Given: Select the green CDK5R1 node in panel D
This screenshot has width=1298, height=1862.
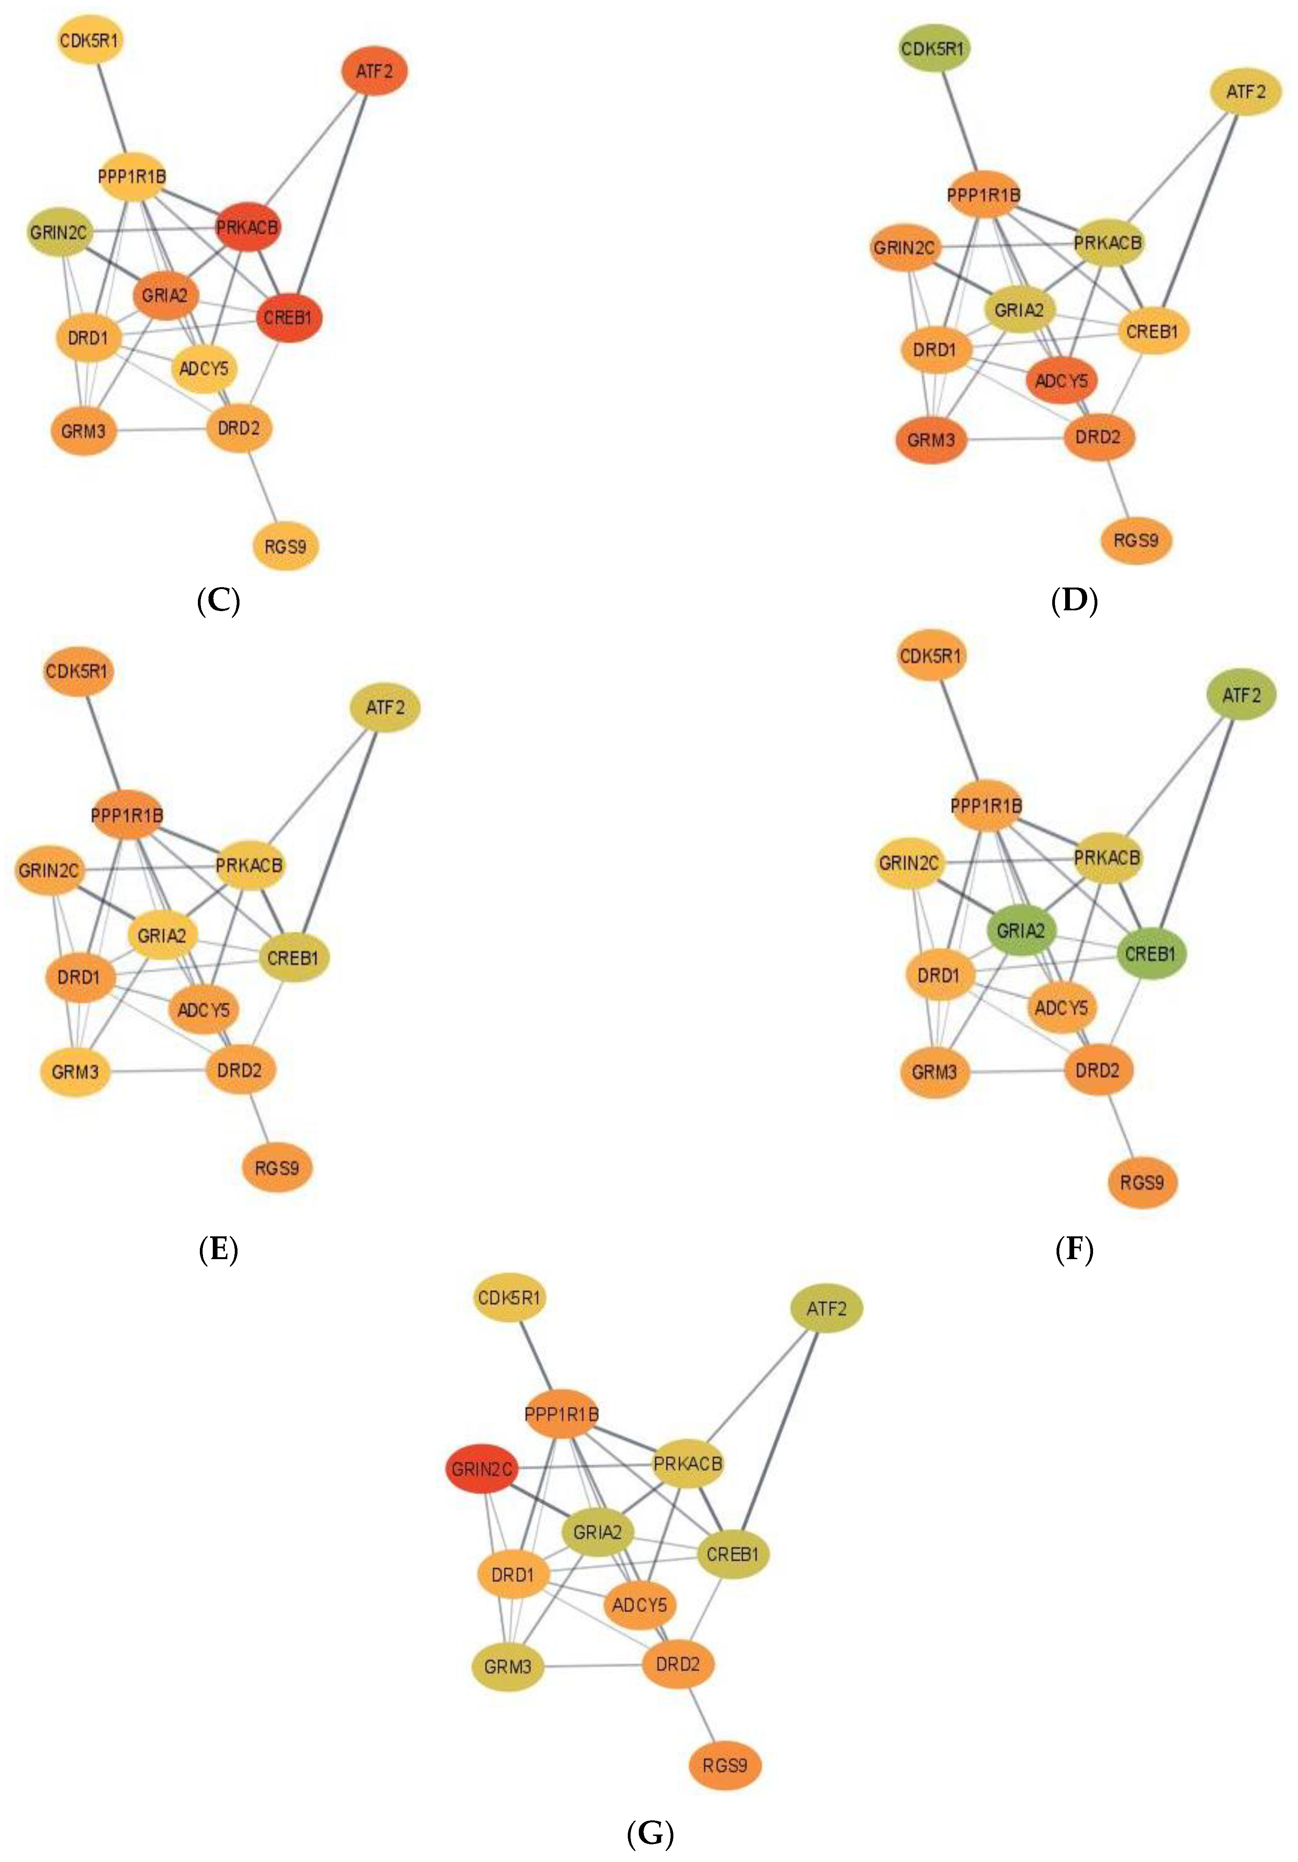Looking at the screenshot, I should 935,49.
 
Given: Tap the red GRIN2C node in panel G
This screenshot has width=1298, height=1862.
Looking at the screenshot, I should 482,1469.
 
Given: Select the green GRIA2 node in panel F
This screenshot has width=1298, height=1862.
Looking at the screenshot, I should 1021,930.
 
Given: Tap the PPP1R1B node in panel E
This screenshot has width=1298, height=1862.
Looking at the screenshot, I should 127,814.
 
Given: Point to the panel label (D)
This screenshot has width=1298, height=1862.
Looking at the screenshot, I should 1074,602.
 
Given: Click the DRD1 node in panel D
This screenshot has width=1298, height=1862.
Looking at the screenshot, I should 935,350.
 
